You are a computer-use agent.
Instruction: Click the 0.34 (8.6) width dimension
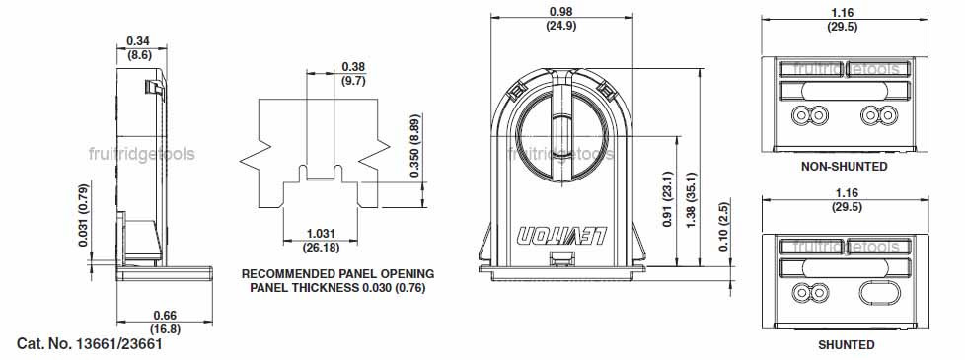point(139,47)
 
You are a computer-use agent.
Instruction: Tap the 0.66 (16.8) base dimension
point(165,323)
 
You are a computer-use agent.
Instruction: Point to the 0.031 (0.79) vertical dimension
point(84,214)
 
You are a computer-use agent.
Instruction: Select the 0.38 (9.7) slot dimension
point(353,73)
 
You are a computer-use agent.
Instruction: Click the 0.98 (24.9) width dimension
point(561,19)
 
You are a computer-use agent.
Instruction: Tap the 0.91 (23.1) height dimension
point(669,199)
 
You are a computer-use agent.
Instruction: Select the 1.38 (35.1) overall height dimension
point(691,199)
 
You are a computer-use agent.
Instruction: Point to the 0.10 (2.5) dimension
point(724,227)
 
